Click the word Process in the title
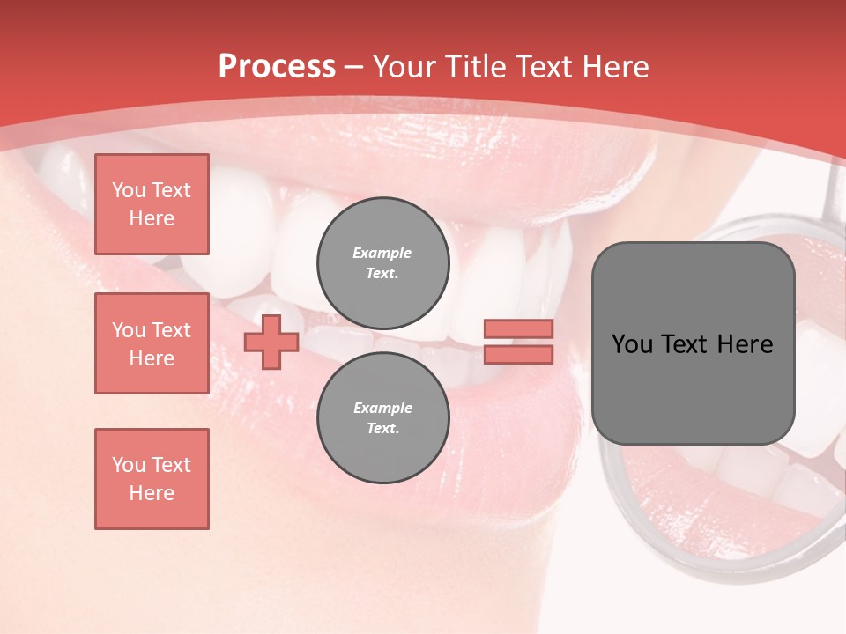click(x=277, y=67)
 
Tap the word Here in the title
click(x=613, y=67)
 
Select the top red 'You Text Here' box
click(x=152, y=204)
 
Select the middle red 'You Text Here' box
click(x=152, y=343)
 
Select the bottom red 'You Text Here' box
click(x=152, y=479)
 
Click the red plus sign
click(x=271, y=343)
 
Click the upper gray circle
click(x=383, y=263)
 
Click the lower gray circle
click(x=383, y=418)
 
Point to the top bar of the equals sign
click(x=518, y=329)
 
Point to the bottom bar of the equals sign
click(x=518, y=354)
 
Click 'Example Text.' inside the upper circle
click(x=382, y=263)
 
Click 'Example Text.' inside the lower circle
click(x=382, y=418)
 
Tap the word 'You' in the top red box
click(x=128, y=190)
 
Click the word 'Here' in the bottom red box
click(x=152, y=493)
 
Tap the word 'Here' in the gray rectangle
click(x=745, y=344)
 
